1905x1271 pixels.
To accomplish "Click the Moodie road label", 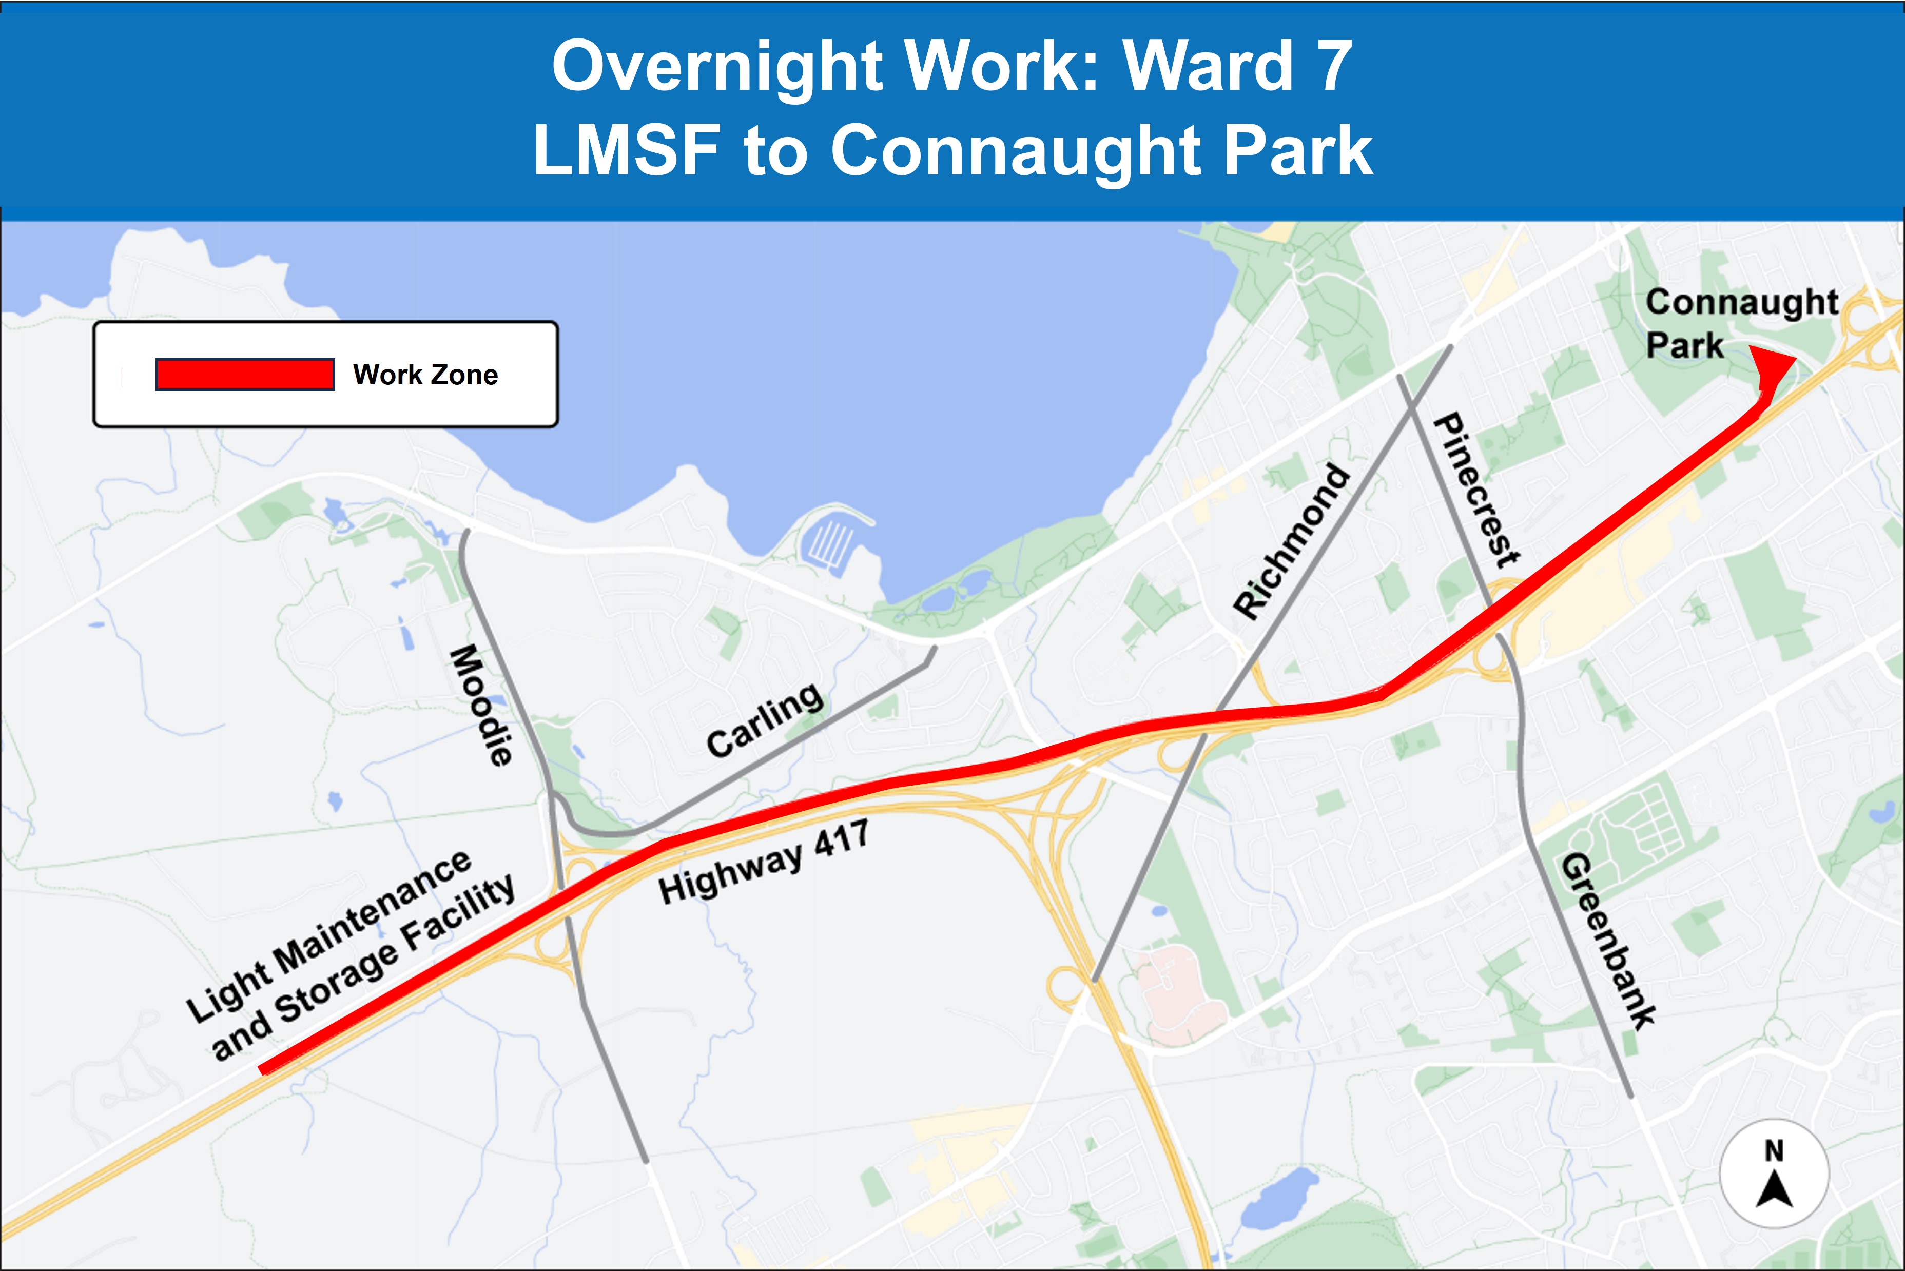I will (x=481, y=705).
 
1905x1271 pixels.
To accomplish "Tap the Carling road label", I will (x=765, y=720).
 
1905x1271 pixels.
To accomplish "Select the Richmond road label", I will (x=1291, y=541).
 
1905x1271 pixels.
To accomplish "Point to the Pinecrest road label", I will (x=1476, y=490).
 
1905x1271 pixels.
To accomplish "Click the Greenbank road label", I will (x=1607, y=940).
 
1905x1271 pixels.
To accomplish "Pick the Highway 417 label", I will (x=764, y=863).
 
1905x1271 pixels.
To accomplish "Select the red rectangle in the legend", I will (x=245, y=375).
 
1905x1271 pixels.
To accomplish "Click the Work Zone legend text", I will (x=425, y=375).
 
